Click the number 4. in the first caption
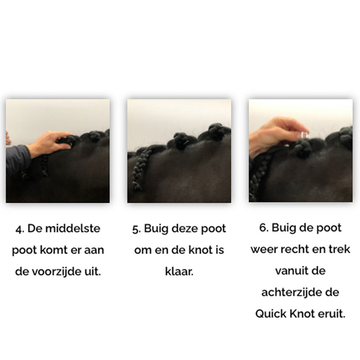[x=19, y=229]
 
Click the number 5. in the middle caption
[x=136, y=229]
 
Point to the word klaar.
[x=179, y=272]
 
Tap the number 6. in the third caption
[x=264, y=228]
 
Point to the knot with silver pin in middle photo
[x=181, y=142]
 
